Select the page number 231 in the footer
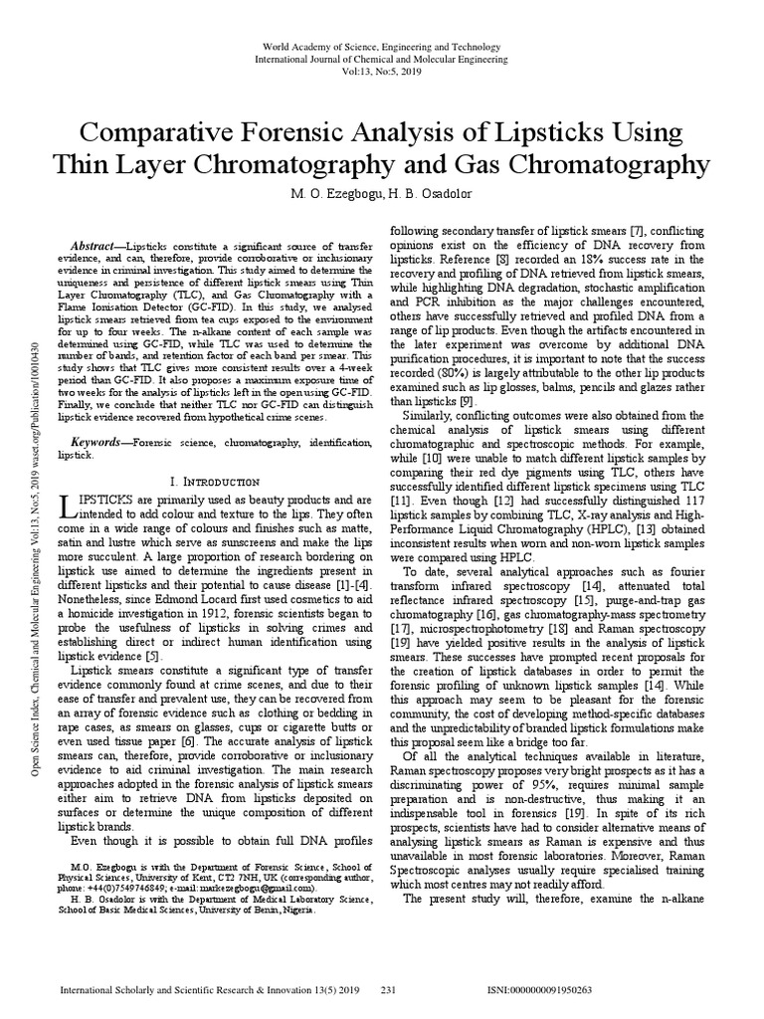389,991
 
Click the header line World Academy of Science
382,47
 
